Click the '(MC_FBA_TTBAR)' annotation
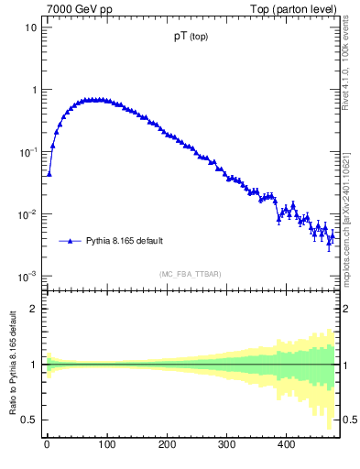coord(190,274)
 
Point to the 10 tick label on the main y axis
coord(30,27)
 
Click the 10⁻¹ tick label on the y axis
coord(27,152)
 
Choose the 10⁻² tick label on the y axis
coord(27,214)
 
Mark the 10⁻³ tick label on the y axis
coord(27,277)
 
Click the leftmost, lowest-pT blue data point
coord(49,173)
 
